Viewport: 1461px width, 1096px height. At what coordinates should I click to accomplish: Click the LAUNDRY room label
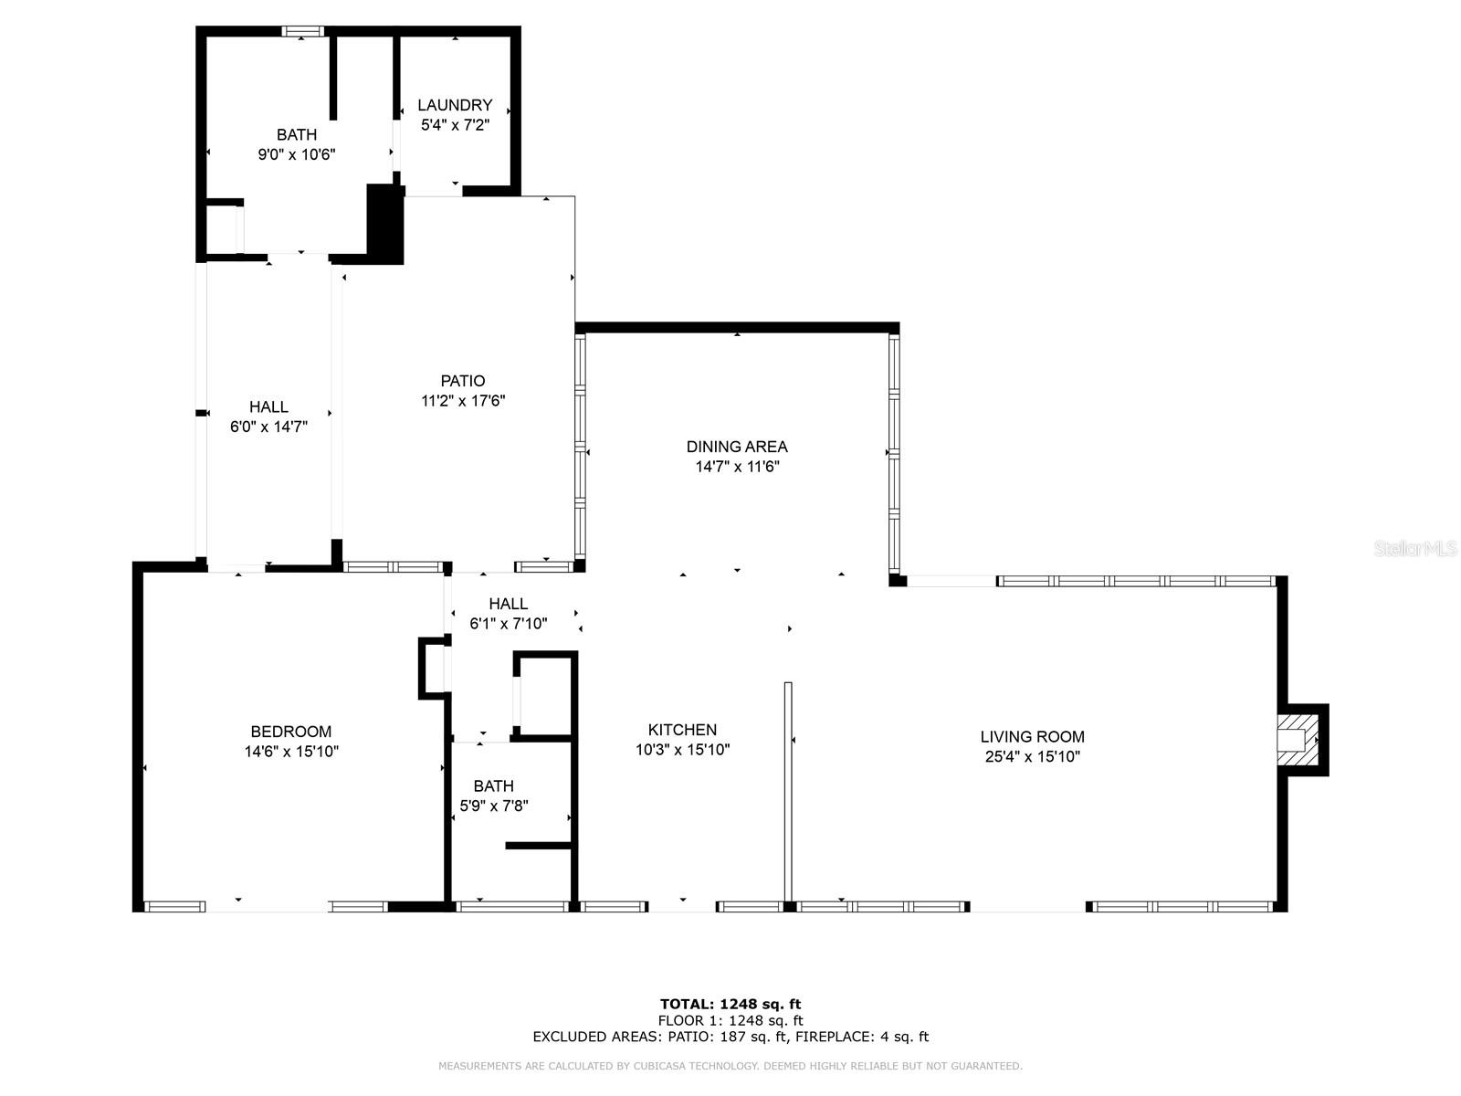pyautogui.click(x=455, y=105)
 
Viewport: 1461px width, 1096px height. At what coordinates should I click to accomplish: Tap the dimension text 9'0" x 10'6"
pyautogui.click(x=296, y=155)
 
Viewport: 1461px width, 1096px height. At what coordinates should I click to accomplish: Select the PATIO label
pyautogui.click(x=463, y=381)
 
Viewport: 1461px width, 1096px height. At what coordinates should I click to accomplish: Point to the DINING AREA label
pyautogui.click(x=737, y=447)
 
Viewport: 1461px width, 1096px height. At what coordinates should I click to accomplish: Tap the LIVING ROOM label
pyautogui.click(x=1032, y=736)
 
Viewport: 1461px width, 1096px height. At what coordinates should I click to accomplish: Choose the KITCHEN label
pyautogui.click(x=682, y=730)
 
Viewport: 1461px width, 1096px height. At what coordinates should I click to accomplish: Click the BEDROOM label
pyautogui.click(x=290, y=732)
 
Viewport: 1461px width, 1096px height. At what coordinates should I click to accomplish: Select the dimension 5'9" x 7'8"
pyautogui.click(x=494, y=806)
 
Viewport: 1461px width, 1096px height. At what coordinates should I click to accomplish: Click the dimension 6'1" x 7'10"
pyautogui.click(x=508, y=624)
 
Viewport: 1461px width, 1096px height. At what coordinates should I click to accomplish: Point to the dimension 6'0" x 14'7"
pyautogui.click(x=268, y=426)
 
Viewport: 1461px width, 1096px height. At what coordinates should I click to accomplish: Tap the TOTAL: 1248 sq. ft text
pyautogui.click(x=730, y=1004)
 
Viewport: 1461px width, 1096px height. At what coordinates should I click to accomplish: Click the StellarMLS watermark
pyautogui.click(x=1414, y=549)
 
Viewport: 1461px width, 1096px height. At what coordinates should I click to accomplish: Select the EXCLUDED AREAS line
pyautogui.click(x=730, y=1037)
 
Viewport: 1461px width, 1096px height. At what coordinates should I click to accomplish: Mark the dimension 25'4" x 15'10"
pyautogui.click(x=1032, y=756)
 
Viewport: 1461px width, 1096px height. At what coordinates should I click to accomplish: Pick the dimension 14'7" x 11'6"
pyautogui.click(x=737, y=467)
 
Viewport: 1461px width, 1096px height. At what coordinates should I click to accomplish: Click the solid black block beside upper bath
pyautogui.click(x=384, y=224)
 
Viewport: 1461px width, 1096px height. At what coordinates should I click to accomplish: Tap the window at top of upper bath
pyautogui.click(x=302, y=32)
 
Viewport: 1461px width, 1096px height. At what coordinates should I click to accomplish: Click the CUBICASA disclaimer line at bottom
pyautogui.click(x=730, y=1066)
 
